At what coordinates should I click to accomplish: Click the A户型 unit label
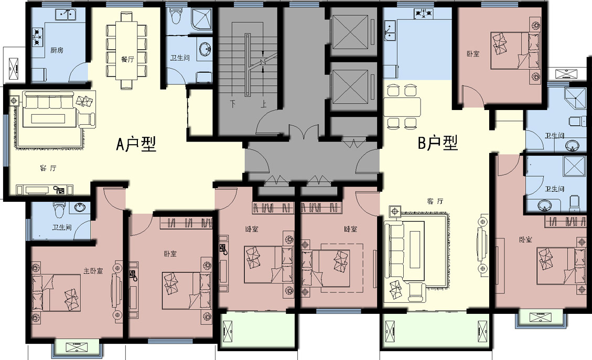pyautogui.click(x=136, y=144)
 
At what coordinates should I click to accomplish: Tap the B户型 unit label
pyautogui.click(x=438, y=143)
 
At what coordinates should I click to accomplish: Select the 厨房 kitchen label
pyautogui.click(x=57, y=50)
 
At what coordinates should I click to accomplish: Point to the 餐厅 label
pyautogui.click(x=127, y=59)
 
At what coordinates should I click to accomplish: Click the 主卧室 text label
pyautogui.click(x=93, y=271)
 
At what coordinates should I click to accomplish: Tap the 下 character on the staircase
pyautogui.click(x=233, y=103)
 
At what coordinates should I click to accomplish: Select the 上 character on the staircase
pyautogui.click(x=263, y=103)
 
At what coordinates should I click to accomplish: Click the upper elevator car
pyautogui.click(x=350, y=32)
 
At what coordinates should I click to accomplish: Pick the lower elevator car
pyautogui.click(x=350, y=86)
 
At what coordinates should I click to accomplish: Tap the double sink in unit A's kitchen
pyautogui.click(x=66, y=15)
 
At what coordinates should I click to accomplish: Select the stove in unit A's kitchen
pyautogui.click(x=37, y=37)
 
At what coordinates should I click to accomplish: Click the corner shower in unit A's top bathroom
pyautogui.click(x=201, y=18)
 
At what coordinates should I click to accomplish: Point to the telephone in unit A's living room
pyautogui.click(x=59, y=190)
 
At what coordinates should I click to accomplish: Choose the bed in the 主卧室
pyautogui.click(x=56, y=293)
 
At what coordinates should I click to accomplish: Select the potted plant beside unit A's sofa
pyautogui.click(x=14, y=101)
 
